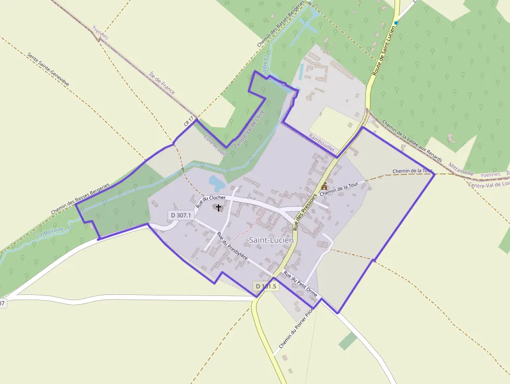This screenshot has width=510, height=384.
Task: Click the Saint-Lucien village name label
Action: coord(271,240)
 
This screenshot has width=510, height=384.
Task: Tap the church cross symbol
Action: coord(219,208)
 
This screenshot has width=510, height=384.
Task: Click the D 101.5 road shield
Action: coord(266,286)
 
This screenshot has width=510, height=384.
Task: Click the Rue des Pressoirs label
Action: coord(305,209)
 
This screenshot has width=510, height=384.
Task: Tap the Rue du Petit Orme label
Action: coord(300,284)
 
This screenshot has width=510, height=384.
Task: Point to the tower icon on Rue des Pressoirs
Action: coord(324,186)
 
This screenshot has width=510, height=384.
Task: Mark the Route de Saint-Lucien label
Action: coord(384,49)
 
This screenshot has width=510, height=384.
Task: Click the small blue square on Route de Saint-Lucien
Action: coord(396,23)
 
